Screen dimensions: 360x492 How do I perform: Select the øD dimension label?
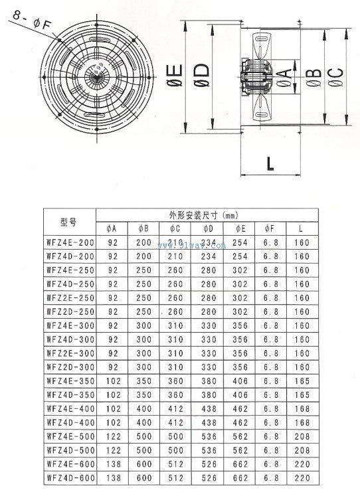pyautogui.click(x=201, y=75)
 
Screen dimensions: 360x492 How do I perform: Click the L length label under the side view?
pyautogui.click(x=270, y=163)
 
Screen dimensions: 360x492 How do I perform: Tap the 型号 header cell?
pyautogui.click(x=68, y=222)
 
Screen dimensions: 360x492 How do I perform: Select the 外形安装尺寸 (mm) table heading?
pyautogui.click(x=204, y=215)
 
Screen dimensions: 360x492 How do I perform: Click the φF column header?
pyautogui.click(x=269, y=229)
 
